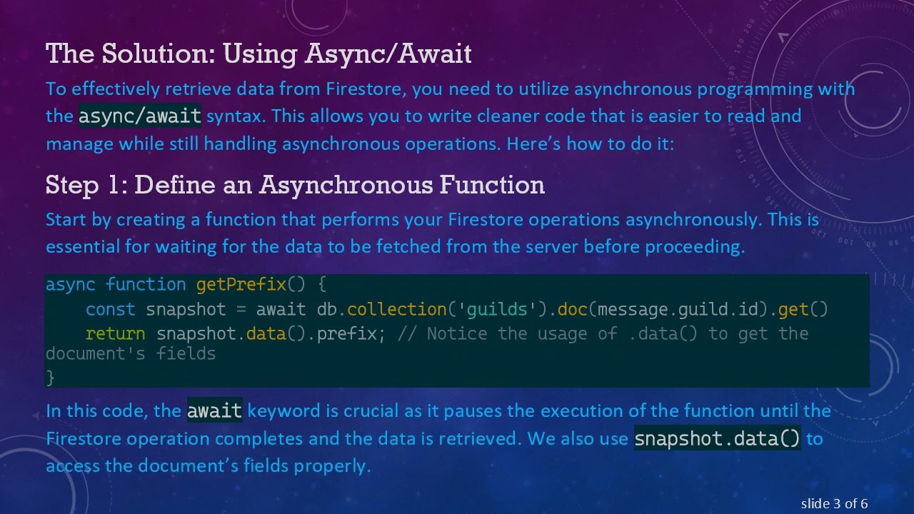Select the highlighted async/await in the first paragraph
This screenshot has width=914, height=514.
[x=140, y=116]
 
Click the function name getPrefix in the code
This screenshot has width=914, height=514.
[x=241, y=285]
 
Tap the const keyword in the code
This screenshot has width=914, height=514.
[x=110, y=310]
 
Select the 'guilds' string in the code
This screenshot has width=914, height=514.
[x=497, y=310]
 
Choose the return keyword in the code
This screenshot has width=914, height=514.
[x=115, y=334]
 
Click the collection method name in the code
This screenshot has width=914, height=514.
[x=397, y=310]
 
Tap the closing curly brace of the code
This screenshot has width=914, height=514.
[x=50, y=376]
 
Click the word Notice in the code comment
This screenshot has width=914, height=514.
[x=456, y=334]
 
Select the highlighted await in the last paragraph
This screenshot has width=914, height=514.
[x=214, y=411]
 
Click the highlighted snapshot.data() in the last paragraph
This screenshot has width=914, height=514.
[x=717, y=438]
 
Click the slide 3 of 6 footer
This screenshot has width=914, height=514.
[x=834, y=504]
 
